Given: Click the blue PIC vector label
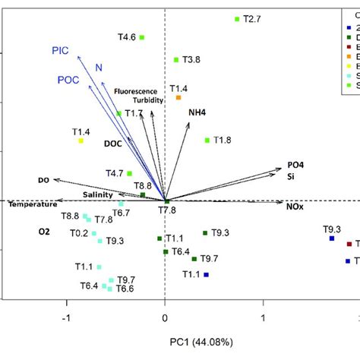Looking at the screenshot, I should tap(61, 51).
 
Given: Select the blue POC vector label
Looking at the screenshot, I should tap(69, 80).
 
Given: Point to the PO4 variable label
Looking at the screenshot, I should tap(295, 165).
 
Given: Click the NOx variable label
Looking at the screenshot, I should tap(295, 205).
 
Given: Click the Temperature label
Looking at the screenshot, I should tap(32, 204).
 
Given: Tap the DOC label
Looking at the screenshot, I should tap(113, 143).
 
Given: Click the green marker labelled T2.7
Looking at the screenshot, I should tap(237, 19).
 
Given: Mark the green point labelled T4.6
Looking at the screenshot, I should tap(142, 36).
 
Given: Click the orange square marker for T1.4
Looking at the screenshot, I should tap(178, 97).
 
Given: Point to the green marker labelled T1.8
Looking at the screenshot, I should tap(207, 140).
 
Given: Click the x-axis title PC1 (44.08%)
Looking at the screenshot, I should tap(165, 337).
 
